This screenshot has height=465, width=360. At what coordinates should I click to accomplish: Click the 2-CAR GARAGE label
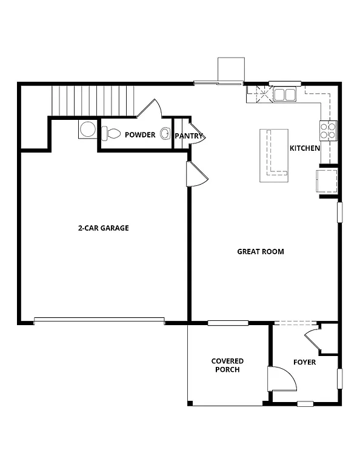(103, 228)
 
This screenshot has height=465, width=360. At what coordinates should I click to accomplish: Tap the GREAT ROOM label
(260, 251)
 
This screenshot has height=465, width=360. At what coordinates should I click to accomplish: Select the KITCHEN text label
(304, 148)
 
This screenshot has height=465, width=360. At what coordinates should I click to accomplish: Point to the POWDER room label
(140, 134)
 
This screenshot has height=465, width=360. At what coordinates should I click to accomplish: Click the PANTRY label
(188, 136)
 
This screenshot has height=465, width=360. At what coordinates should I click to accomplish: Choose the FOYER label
(304, 362)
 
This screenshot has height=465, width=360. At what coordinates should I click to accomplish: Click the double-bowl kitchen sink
(284, 94)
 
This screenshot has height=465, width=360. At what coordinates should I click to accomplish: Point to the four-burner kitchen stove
(328, 131)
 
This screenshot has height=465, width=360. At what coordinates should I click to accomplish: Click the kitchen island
(273, 155)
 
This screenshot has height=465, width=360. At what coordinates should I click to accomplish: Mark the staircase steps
(92, 99)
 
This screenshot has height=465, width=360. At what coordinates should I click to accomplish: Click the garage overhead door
(99, 321)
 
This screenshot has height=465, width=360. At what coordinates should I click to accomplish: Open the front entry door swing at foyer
(281, 379)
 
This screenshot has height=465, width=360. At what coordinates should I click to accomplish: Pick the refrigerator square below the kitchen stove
(327, 180)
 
